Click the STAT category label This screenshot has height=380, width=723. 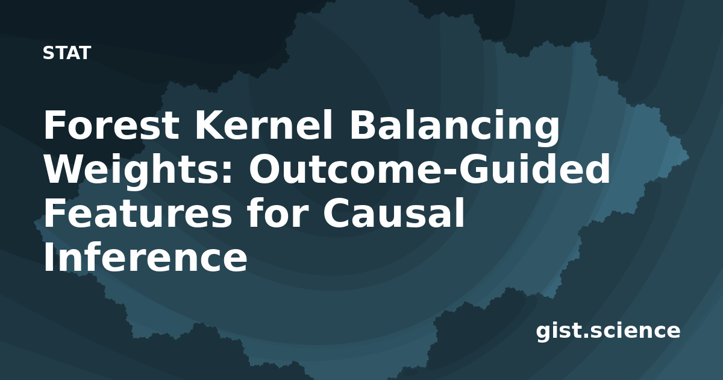pyautogui.click(x=67, y=53)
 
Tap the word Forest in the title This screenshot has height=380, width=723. pyautogui.click(x=111, y=125)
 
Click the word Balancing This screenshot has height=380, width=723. pyautogui.click(x=455, y=128)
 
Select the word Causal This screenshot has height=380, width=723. pyautogui.click(x=393, y=212)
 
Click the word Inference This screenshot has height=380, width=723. pyautogui.click(x=146, y=257)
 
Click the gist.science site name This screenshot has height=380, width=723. pyautogui.click(x=608, y=331)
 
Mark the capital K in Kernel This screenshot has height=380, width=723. pyautogui.click(x=208, y=125)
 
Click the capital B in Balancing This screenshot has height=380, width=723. pyautogui.click(x=363, y=125)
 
